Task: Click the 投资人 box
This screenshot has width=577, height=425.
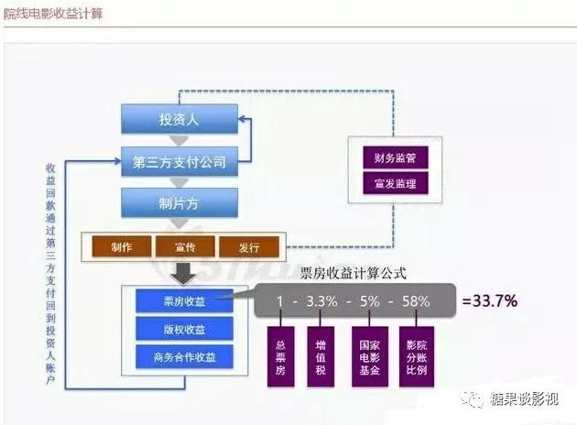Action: [x=180, y=119]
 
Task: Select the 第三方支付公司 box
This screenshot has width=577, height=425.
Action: [x=180, y=163]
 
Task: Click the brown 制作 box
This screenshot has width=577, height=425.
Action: [x=122, y=246]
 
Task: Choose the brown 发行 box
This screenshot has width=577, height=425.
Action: [x=248, y=246]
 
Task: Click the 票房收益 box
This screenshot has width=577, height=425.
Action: [x=184, y=300]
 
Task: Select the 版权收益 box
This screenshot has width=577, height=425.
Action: [x=184, y=328]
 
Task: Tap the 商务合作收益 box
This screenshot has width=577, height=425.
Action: [x=184, y=355]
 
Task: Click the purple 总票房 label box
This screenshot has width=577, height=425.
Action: [x=280, y=353]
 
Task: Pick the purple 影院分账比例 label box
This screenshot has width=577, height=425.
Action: [x=417, y=353]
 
